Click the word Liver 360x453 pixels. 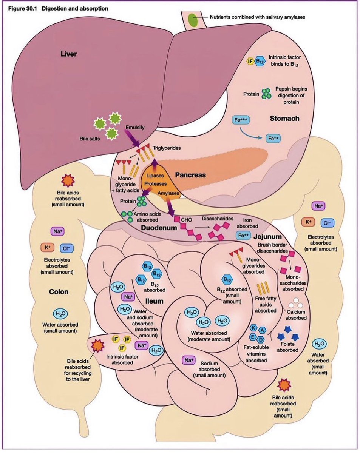[x=69, y=54]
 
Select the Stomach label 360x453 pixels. [x=284, y=119]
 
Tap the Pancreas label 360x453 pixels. [x=190, y=175]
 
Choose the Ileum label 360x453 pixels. [x=154, y=301]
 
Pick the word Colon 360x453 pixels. [x=59, y=292]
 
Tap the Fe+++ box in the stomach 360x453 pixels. [x=241, y=120]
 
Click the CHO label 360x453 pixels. [x=187, y=219]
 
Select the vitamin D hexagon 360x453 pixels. [x=261, y=341]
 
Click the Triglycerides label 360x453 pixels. [x=167, y=148]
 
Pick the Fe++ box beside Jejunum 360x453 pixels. [x=244, y=235]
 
